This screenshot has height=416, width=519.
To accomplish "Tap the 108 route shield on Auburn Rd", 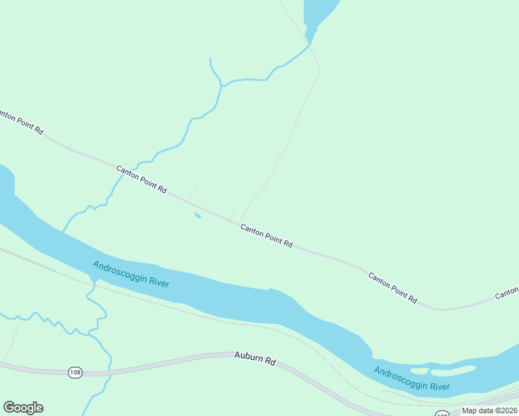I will pyautogui.click(x=76, y=373).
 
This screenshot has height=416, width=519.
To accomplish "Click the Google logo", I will pyautogui.click(x=23, y=408).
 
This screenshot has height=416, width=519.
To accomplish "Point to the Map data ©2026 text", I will pyautogui.click(x=489, y=410).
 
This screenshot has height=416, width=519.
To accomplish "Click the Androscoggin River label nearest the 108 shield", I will pyautogui.click(x=131, y=275).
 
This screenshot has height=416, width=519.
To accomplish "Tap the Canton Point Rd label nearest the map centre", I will pyautogui.click(x=266, y=236).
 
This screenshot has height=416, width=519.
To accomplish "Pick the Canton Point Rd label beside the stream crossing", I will pyautogui.click(x=142, y=179).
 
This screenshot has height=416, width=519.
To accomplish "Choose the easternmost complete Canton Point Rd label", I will pyautogui.click(x=393, y=288).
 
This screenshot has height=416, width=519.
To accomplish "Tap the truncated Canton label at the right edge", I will pyautogui.click(x=507, y=294).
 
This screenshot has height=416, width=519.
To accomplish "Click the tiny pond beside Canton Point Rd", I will pyautogui.click(x=198, y=216).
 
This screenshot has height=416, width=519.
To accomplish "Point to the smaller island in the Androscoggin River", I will pyautogui.click(x=420, y=371).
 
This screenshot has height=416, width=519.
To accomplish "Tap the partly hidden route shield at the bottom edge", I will pyautogui.click(x=442, y=414).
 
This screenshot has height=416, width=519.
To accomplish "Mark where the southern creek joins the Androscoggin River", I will pyautogui.click(x=91, y=279).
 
